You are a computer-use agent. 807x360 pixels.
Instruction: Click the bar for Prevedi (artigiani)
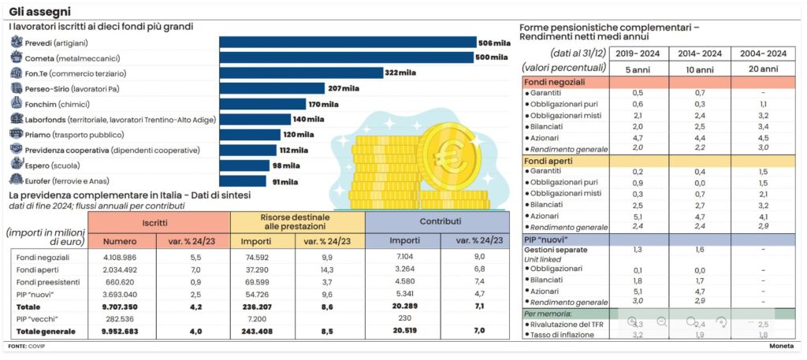pos(348,43)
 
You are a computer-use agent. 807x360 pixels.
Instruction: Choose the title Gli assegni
pos(39,12)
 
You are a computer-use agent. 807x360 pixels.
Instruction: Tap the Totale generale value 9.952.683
pos(121,332)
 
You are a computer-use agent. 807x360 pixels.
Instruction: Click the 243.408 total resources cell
pos(256,332)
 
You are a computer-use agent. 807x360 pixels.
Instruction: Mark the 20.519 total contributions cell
pos(405,332)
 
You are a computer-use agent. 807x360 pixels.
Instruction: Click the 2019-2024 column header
pos(638,54)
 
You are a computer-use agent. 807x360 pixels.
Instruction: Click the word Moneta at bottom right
pos(781,347)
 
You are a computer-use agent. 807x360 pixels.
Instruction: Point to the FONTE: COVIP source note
pos(28,347)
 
